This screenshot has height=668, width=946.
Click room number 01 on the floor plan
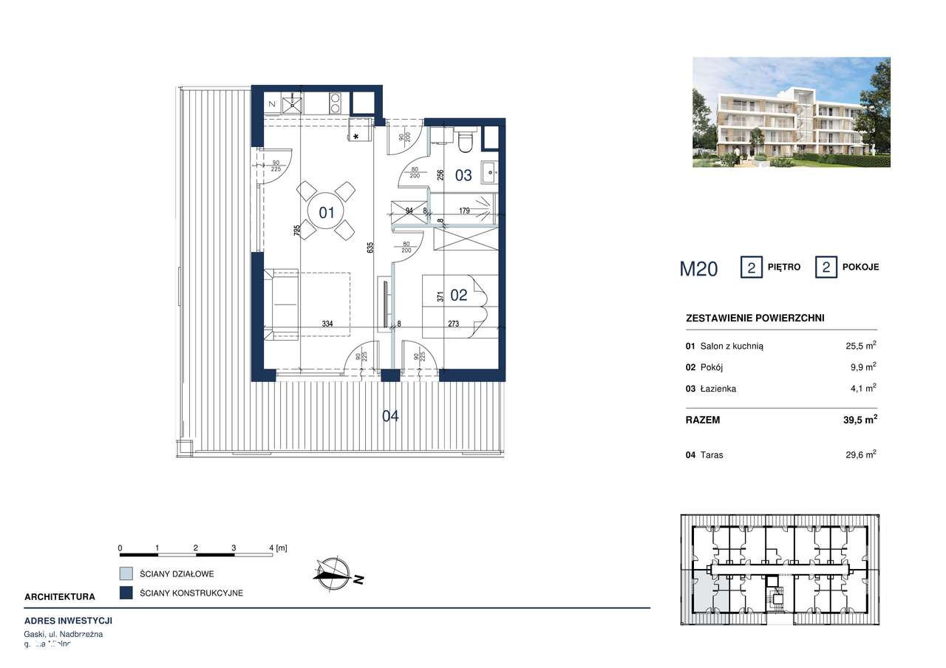(x=327, y=213)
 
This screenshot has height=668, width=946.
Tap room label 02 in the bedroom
(x=459, y=295)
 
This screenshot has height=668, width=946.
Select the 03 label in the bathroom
(x=463, y=175)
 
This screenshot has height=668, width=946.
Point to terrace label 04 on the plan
(x=390, y=416)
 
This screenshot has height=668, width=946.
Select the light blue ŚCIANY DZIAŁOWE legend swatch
(x=126, y=573)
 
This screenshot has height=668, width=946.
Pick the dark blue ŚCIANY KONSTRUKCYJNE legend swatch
(x=126, y=593)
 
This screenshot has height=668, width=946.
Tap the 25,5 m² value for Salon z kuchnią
(x=860, y=345)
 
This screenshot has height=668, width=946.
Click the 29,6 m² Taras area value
(x=860, y=454)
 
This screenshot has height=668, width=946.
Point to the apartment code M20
(x=698, y=268)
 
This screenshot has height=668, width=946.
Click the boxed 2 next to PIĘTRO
(x=752, y=267)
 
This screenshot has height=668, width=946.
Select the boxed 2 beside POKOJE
(x=826, y=267)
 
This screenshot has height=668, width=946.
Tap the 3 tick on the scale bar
(x=234, y=548)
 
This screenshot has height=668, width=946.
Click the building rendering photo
(x=791, y=112)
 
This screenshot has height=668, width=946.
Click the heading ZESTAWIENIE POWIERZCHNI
(x=755, y=318)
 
